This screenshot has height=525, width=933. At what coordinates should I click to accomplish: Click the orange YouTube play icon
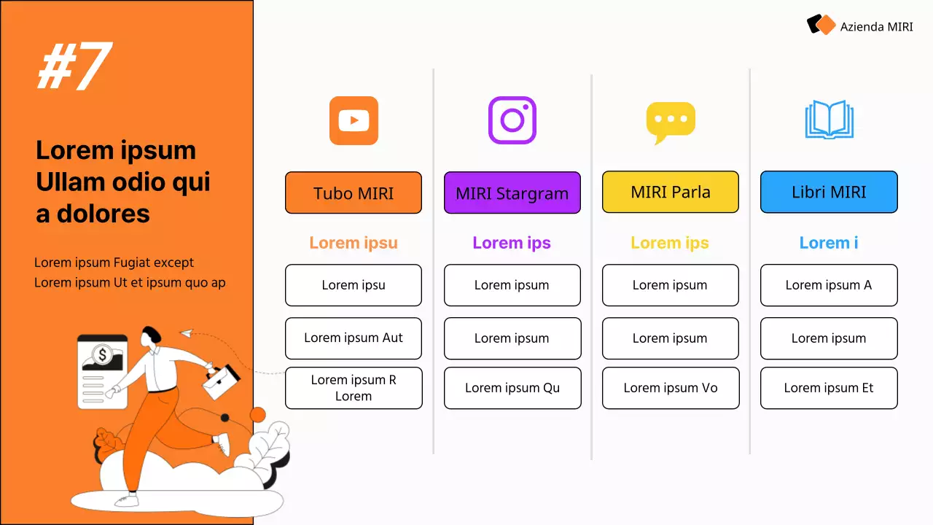pos(354,120)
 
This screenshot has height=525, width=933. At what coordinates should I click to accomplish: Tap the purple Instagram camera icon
pos(512,120)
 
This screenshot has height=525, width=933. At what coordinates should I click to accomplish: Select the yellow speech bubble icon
pos(671,122)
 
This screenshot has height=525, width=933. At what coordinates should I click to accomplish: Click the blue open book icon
pos(829,120)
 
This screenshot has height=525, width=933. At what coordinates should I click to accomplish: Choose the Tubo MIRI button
pos(354,193)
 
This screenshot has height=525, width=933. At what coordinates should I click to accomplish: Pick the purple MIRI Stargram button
pos(512,193)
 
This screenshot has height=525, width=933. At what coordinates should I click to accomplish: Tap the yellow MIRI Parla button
pos(671,192)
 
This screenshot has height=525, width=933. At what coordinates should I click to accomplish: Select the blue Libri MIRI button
pos(829,192)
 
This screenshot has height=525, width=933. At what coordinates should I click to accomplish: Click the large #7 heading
pos(74,67)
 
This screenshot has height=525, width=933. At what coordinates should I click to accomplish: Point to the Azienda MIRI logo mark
pos(821,26)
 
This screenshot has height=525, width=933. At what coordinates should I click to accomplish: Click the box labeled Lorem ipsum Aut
pos(354,338)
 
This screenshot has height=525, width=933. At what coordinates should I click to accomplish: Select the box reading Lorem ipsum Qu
pos(512,388)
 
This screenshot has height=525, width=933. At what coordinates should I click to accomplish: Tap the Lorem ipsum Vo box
pos(671,388)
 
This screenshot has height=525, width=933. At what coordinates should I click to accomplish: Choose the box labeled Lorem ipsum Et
pos(829,388)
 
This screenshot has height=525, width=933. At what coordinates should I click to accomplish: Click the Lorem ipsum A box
pos(829,285)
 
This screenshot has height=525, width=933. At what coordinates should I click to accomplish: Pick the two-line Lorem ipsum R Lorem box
pos(354,388)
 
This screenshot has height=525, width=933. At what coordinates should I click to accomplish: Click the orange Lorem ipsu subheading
pos(354,243)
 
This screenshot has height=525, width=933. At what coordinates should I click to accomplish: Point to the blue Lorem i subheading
pos(829,243)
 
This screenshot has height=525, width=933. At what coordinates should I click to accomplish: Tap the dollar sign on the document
pos(103,356)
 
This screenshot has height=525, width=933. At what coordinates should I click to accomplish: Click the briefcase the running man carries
pos(222,381)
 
